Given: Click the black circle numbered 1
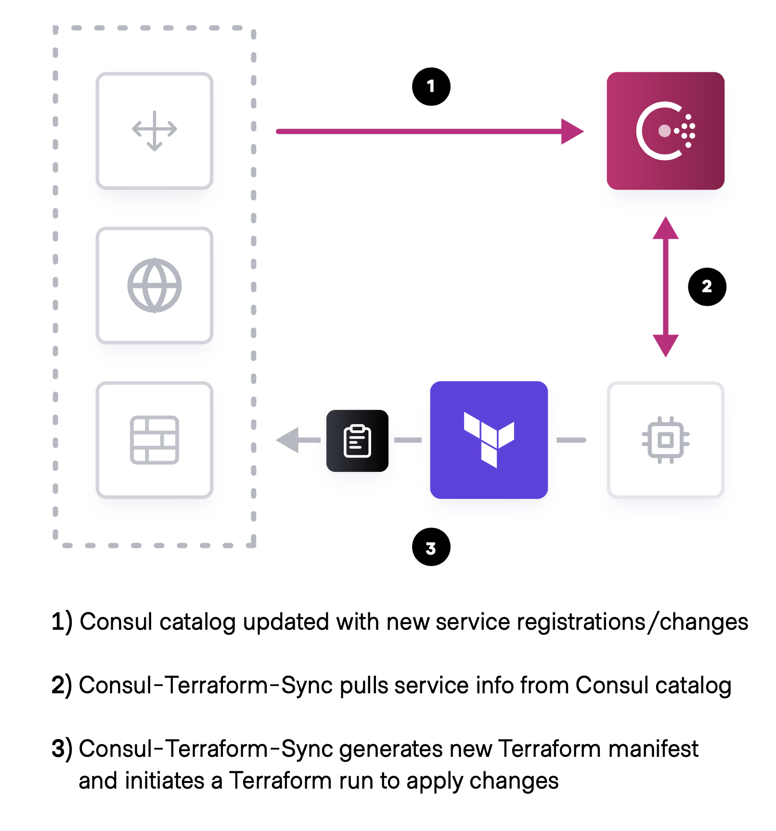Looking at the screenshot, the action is coord(431,87).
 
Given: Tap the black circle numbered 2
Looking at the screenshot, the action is coord(707,286).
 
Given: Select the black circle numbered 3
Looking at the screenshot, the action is coord(431,547).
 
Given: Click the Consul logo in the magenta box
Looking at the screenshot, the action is coord(665,131).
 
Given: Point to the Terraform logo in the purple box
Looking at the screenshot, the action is coord(489,439).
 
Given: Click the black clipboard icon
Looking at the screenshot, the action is coord(357,441).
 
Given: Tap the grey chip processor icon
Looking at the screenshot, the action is coord(665,440).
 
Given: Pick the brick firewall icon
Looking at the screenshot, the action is coord(155,440).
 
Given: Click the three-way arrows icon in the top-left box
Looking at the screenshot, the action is coord(155,130).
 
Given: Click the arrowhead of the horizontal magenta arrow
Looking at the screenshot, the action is coord(572,131).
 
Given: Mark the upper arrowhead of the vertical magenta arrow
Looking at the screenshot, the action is coord(665,228).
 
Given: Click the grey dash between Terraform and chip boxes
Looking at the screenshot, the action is coord(571,440).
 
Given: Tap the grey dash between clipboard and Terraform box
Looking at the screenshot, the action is coord(408,440).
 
